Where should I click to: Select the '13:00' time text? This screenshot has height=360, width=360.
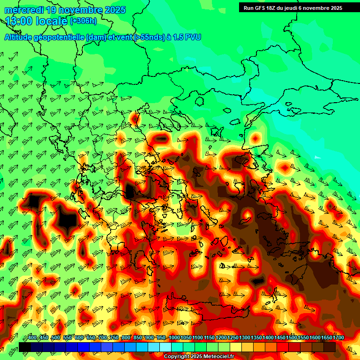(17, 21)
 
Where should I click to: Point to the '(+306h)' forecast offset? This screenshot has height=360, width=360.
(83, 21)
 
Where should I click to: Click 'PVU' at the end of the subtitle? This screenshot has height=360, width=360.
(193, 37)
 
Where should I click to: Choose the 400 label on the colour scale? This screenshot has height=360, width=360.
(32, 338)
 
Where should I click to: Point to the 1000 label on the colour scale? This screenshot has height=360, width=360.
(174, 338)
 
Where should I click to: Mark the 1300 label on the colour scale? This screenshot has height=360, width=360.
(245, 338)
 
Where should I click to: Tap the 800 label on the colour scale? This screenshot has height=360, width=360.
(126, 338)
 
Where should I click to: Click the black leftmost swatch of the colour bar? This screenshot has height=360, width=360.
(25, 347)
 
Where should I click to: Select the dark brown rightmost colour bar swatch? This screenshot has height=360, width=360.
(330, 347)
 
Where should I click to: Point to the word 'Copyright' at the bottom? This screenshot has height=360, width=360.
(176, 357)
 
